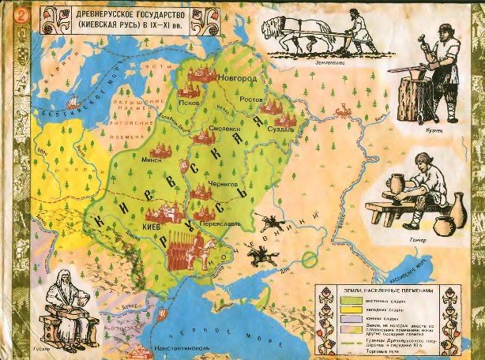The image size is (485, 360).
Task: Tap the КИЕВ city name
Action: point(152,224)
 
